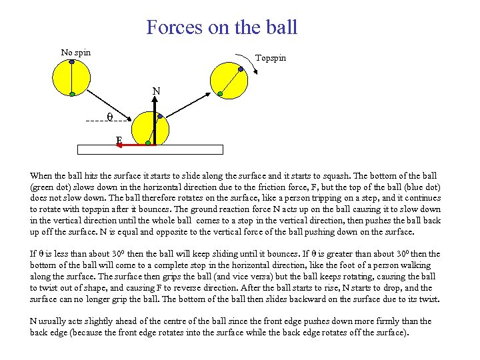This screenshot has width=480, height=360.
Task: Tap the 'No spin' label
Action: [75, 53]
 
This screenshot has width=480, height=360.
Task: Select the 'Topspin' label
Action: [271, 58]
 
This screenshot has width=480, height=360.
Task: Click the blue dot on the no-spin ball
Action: [72, 61]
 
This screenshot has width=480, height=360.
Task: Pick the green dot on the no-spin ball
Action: [72, 95]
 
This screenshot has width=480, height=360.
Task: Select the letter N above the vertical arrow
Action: [155, 91]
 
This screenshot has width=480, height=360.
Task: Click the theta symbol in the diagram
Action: [110, 117]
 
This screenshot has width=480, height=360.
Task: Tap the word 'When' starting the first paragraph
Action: [41, 175]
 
